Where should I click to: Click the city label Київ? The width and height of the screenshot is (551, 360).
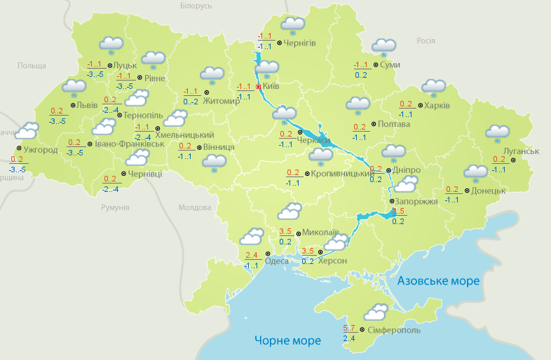[271, 87]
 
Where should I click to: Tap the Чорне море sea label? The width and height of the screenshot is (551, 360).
[287, 341]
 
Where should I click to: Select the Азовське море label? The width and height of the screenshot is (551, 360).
[439, 281]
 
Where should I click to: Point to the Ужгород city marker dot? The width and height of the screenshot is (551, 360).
[18, 148]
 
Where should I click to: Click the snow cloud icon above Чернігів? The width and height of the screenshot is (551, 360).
[292, 25]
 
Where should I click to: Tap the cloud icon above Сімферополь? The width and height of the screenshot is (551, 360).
[375, 311]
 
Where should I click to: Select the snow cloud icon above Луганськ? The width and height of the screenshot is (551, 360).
[497, 132]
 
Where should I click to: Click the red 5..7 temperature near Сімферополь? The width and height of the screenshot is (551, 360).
[350, 328]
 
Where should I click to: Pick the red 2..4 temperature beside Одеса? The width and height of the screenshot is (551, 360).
[252, 255]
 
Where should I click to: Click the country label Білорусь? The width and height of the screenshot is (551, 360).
[196, 6]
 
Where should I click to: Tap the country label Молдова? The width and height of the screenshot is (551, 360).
[194, 208]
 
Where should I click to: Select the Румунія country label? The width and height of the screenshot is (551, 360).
[115, 208]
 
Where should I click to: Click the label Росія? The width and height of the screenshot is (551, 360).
[426, 41]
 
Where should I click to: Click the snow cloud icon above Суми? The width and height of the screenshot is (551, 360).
[383, 46]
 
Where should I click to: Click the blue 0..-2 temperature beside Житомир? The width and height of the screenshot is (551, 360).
[191, 102]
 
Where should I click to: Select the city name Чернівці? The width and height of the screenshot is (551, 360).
[146, 174]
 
